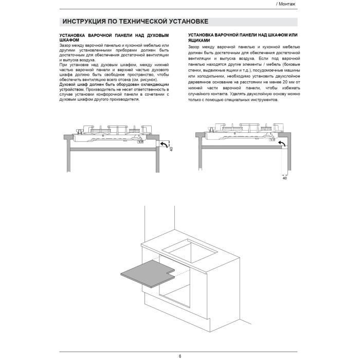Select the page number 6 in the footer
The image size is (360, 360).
[180, 356]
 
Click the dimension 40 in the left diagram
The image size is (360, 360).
[171, 149]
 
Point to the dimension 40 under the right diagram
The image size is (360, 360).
[284, 178]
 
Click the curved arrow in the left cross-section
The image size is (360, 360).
[163, 146]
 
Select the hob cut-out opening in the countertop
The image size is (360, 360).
[192, 253]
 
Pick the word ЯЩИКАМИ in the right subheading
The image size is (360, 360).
[200, 40]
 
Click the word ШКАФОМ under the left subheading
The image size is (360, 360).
[69, 40]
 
